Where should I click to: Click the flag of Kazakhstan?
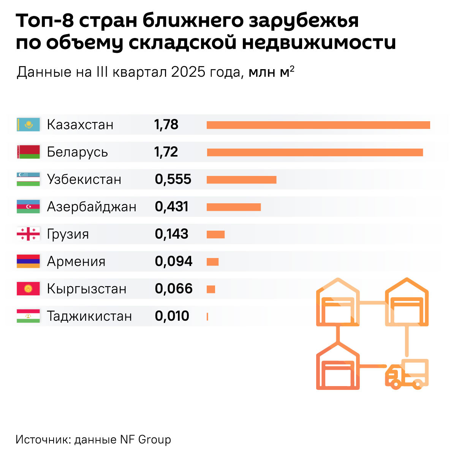[28, 125]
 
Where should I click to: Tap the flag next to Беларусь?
[28, 152]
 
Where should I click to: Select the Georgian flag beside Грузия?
[28, 234]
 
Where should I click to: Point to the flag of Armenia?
[28, 261]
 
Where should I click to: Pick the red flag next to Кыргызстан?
[28, 289]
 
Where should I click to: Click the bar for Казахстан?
[318, 125]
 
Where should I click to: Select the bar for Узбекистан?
[241, 180]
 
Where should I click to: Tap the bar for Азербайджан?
[234, 207]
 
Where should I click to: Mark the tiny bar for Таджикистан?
[207, 317]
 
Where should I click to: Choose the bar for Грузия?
[215, 234]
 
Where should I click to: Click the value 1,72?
[166, 152]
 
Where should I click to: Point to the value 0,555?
[173, 179]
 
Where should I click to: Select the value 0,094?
[174, 261]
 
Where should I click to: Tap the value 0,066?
[174, 289]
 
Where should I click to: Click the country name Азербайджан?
[92, 207]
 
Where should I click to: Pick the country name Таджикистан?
[89, 316]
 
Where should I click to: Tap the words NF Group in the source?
[146, 440]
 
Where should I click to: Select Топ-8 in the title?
[45, 21]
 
